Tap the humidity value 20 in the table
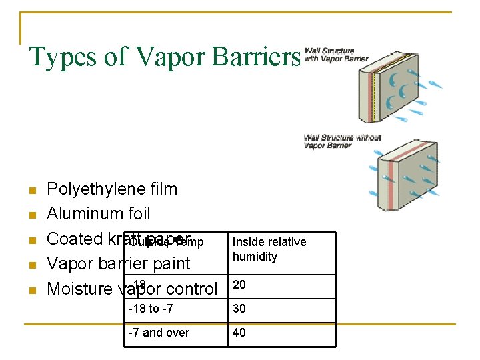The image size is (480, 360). (x=239, y=285)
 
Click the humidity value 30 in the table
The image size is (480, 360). (x=239, y=309)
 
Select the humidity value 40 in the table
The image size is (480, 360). (x=239, y=333)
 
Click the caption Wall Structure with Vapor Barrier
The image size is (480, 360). (x=336, y=55)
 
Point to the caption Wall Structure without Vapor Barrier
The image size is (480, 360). (x=342, y=141)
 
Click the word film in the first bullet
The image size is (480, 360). (x=163, y=189)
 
